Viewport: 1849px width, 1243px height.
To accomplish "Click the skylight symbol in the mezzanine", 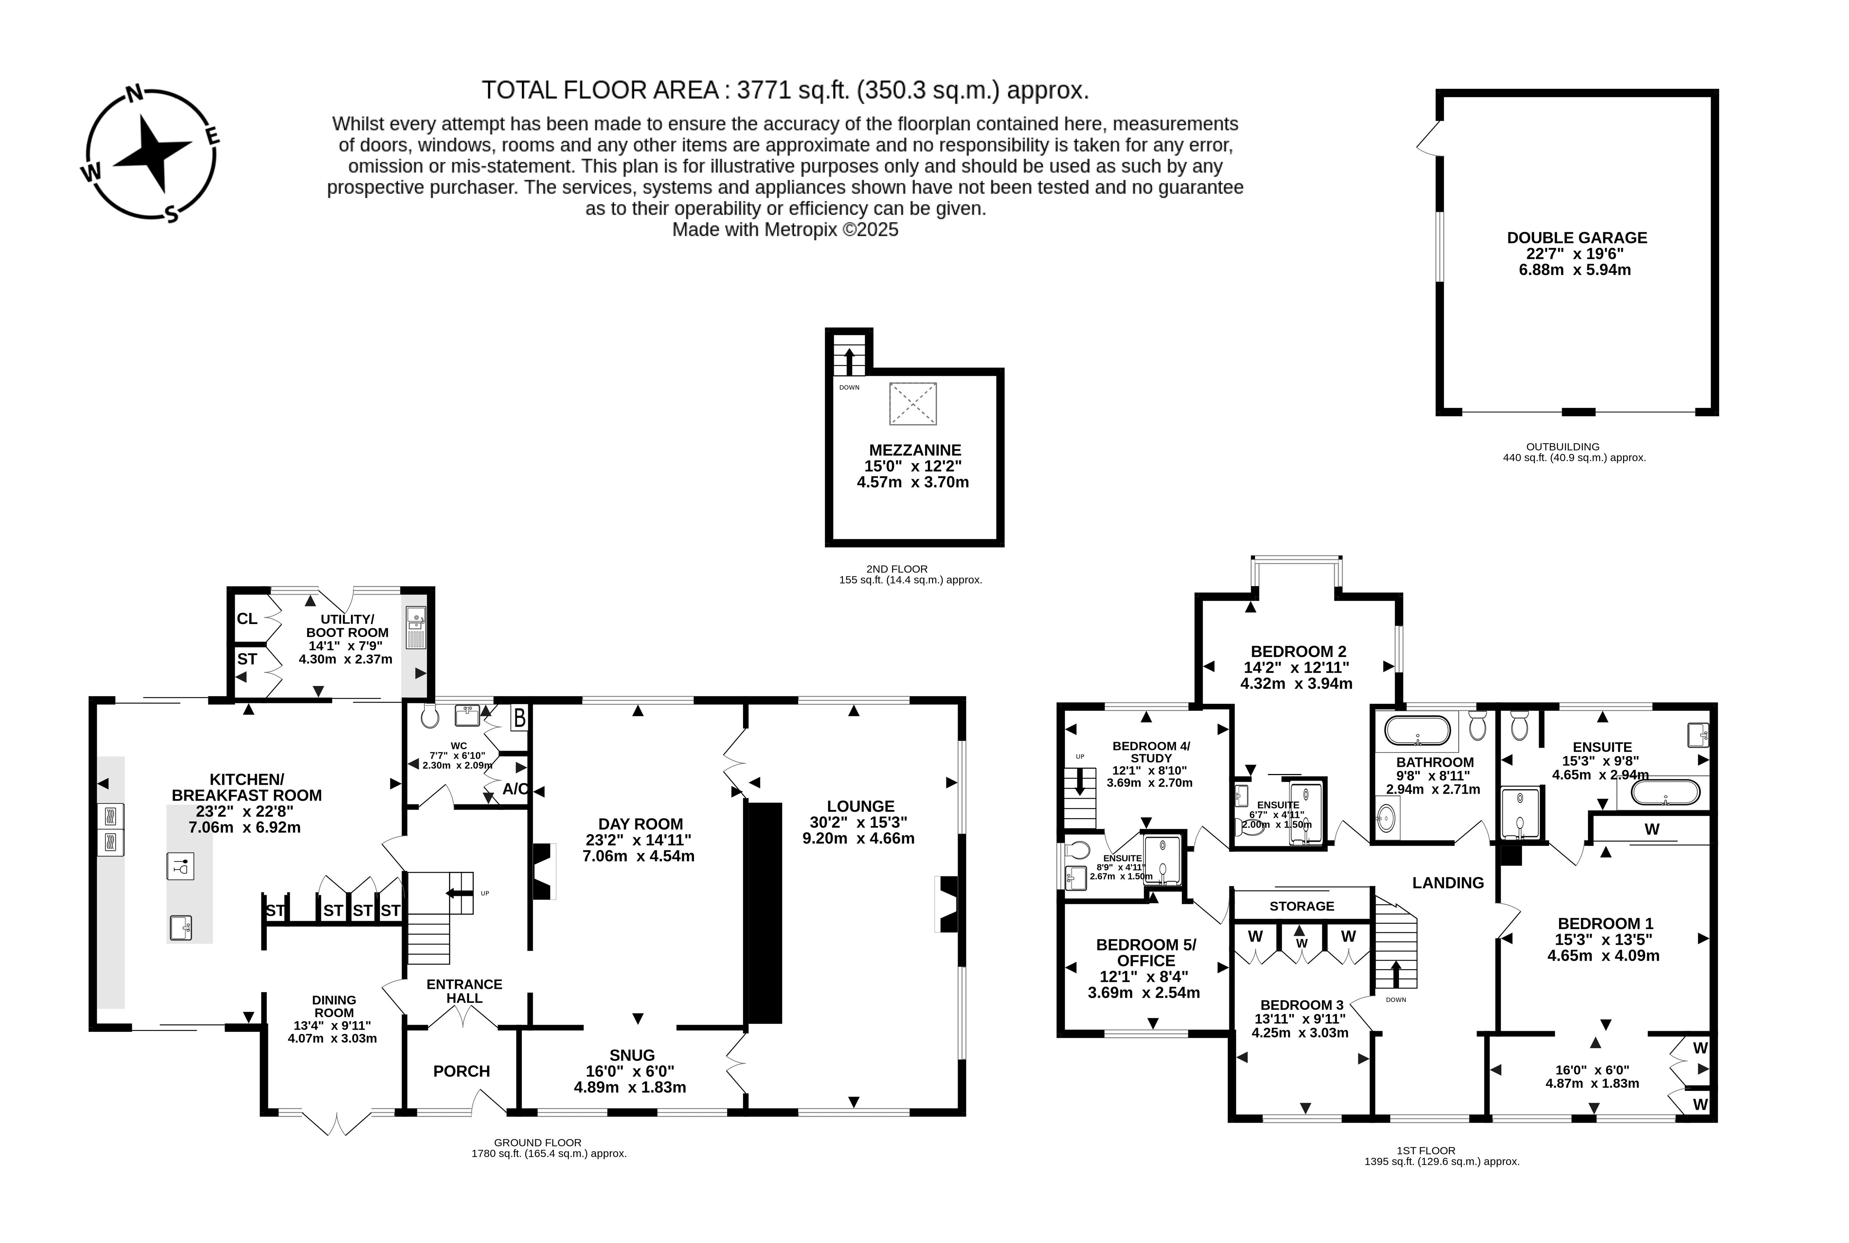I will pyautogui.click(x=913, y=403).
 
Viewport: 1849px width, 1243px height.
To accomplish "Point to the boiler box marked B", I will pyautogui.click(x=519, y=718).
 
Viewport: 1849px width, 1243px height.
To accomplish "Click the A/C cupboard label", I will pyautogui.click(x=515, y=789).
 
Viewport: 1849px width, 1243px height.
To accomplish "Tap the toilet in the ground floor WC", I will pyautogui.click(x=430, y=717).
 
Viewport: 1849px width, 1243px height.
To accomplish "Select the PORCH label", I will pyautogui.click(x=462, y=1071).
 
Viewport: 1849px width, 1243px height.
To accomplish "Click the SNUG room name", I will pyautogui.click(x=632, y=1055).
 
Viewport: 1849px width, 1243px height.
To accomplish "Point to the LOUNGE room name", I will pyautogui.click(x=860, y=806).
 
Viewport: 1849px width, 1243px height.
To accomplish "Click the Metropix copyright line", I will pyautogui.click(x=785, y=230).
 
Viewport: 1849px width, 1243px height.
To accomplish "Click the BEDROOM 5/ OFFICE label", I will pyautogui.click(x=1146, y=952).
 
